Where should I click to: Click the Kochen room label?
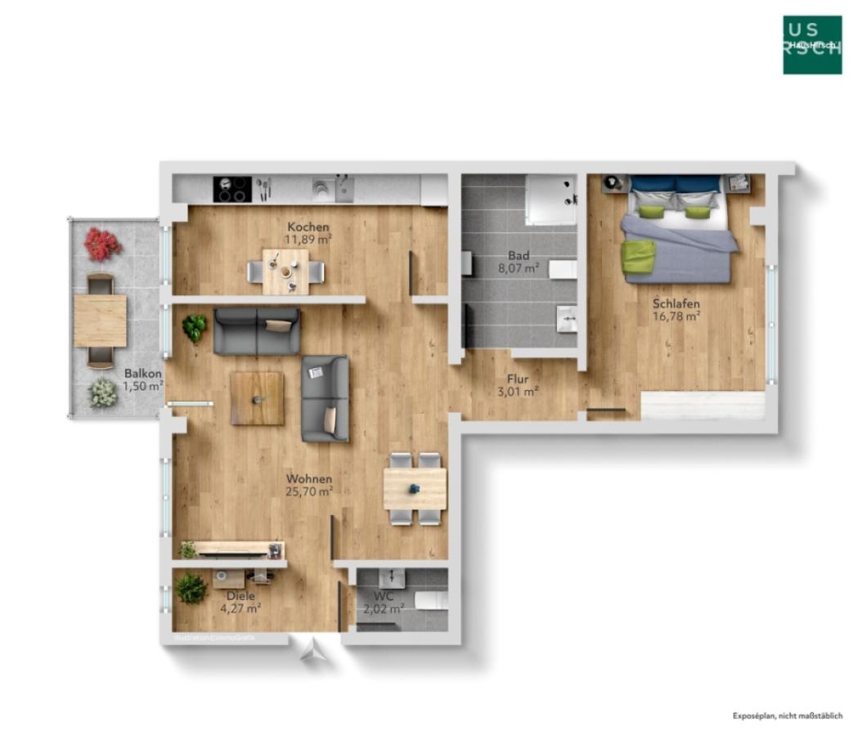[x=308, y=227]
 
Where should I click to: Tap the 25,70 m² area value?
[x=308, y=492]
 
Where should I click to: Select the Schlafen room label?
[x=676, y=303]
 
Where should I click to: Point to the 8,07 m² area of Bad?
[x=519, y=267]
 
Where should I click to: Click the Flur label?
[x=518, y=379]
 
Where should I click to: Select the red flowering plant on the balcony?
[x=102, y=244]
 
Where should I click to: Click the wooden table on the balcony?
[x=100, y=321]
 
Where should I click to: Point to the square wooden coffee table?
[x=257, y=398]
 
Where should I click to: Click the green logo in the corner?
[x=811, y=45]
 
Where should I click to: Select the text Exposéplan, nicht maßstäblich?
[x=787, y=716]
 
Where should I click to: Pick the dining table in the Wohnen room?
[x=416, y=488]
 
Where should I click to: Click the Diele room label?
[x=241, y=596]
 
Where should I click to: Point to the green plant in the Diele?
[x=191, y=588]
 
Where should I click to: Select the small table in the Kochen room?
[x=285, y=271]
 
